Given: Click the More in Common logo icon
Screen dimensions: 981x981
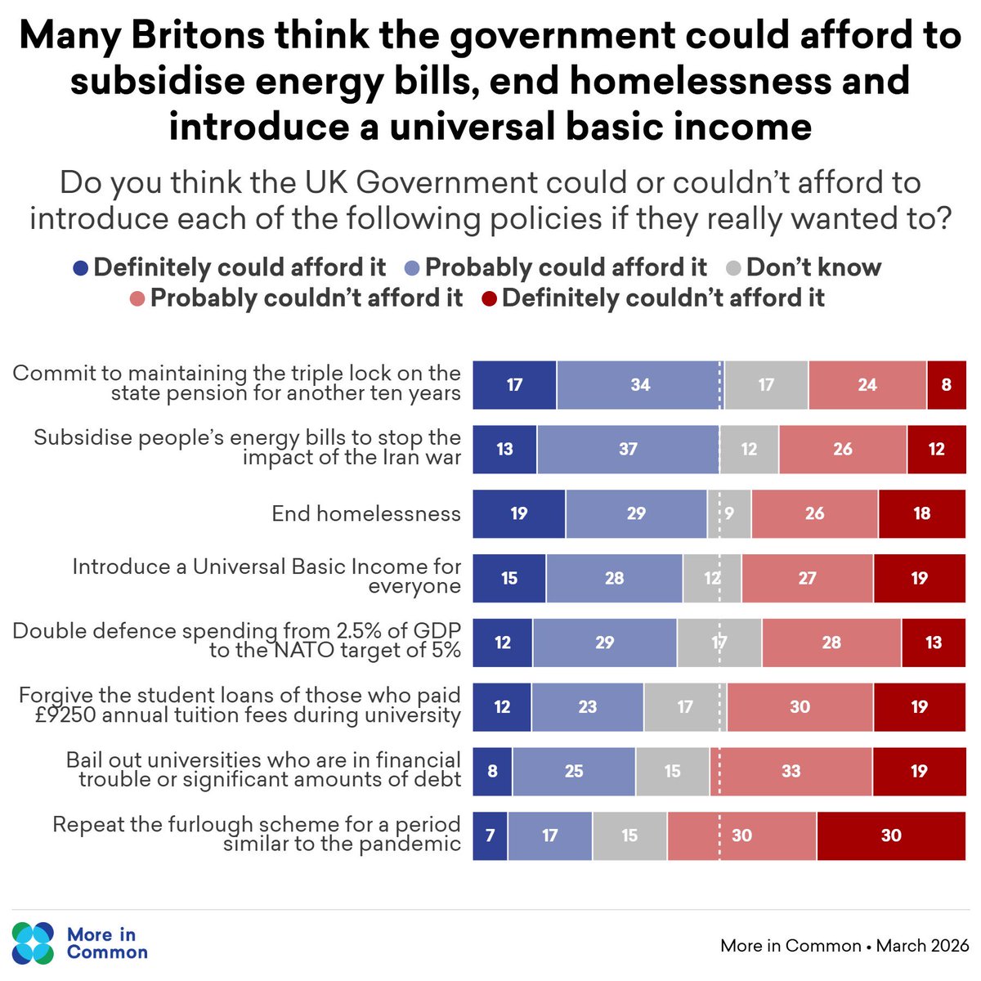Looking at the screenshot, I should coord(34,943).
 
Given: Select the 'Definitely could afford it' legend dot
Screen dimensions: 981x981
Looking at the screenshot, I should coord(80,268).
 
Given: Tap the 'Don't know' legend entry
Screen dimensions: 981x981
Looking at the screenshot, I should coord(804,267).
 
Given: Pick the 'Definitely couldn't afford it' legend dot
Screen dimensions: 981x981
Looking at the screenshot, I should coord(489,298).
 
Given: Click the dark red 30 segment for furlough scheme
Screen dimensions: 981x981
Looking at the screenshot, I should coord(891,835).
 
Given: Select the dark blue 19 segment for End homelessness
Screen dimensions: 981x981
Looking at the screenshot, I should coord(518,513).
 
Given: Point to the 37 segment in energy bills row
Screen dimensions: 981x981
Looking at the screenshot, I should coord(628,449).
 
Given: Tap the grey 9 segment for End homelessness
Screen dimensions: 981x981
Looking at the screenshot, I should coord(729,513).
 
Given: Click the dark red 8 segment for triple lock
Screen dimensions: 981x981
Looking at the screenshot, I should coord(946,384).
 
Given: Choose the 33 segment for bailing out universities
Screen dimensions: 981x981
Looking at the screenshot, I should coord(791,771).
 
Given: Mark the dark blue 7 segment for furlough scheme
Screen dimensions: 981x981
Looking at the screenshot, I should coord(490,835).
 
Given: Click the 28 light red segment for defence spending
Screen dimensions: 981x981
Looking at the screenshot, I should coord(831,643).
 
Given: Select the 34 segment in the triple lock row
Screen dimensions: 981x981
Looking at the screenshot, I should coord(640,384).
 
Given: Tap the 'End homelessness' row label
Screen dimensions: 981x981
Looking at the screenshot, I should coord(366,513).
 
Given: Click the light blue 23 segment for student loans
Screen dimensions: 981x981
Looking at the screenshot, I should coord(587,706).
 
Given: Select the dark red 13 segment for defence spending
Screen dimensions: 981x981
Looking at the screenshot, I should coord(934,643).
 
